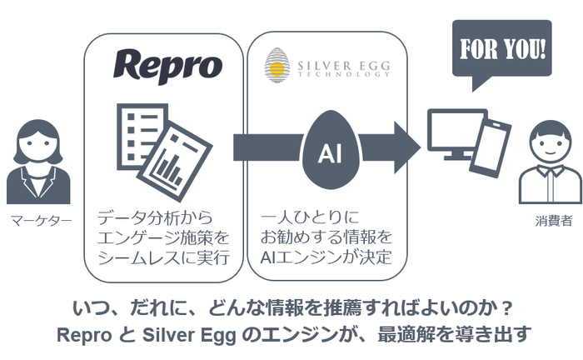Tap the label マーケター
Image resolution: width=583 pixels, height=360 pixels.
(x=41, y=221)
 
